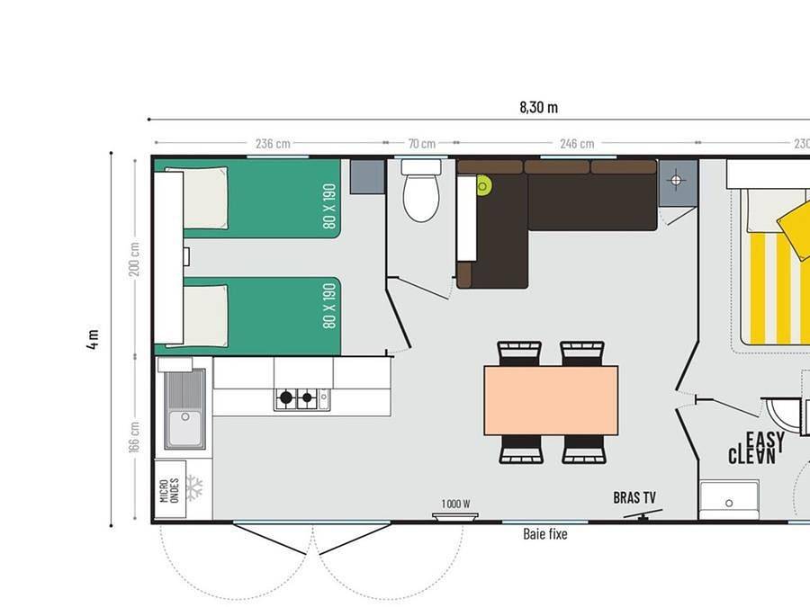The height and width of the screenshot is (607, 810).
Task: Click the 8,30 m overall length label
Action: tap(538, 107)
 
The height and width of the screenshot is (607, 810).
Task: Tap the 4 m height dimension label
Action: tap(94, 340)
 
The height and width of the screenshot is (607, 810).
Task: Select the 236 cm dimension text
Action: tap(273, 143)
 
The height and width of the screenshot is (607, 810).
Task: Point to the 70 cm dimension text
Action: tap(421, 143)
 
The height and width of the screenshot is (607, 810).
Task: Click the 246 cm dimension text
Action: tap(576, 143)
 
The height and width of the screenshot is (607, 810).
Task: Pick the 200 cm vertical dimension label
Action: tap(135, 259)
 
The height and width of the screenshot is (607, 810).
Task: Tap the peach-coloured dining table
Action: tap(551, 400)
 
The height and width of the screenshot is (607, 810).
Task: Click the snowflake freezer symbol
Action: tap(193, 487)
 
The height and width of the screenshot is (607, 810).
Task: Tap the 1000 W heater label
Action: tap(456, 504)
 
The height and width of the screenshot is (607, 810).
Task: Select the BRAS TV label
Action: tap(634, 497)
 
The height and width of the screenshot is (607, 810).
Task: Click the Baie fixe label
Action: tap(545, 533)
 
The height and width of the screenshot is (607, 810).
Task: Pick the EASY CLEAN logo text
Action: tap(757, 448)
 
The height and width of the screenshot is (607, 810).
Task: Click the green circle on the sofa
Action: tap(484, 186)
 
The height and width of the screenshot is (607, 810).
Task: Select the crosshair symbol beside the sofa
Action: tap(678, 181)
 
